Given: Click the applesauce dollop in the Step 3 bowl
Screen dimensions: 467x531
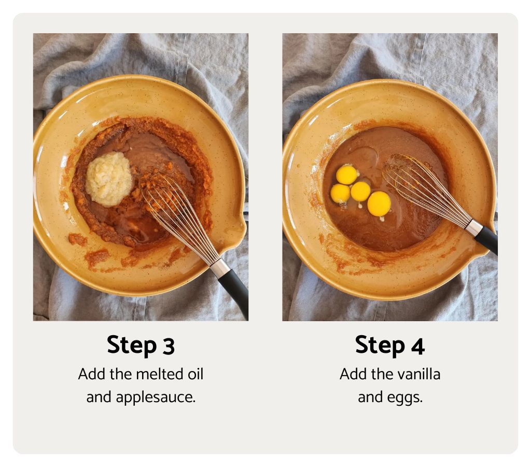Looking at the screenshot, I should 108,179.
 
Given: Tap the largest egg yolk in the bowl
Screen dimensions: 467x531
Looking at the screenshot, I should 379,203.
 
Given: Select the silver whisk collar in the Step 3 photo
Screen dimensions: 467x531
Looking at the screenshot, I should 219,268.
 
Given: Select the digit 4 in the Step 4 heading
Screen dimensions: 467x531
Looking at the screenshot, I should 418,346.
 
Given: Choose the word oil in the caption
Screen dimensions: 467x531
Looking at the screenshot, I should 194,374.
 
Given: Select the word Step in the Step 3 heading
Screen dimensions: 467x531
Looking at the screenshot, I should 132,346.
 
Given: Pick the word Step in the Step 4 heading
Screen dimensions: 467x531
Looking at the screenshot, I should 381,346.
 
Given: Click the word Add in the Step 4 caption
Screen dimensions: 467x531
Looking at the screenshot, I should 352,374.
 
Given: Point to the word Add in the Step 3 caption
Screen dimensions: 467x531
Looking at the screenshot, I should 90,374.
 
